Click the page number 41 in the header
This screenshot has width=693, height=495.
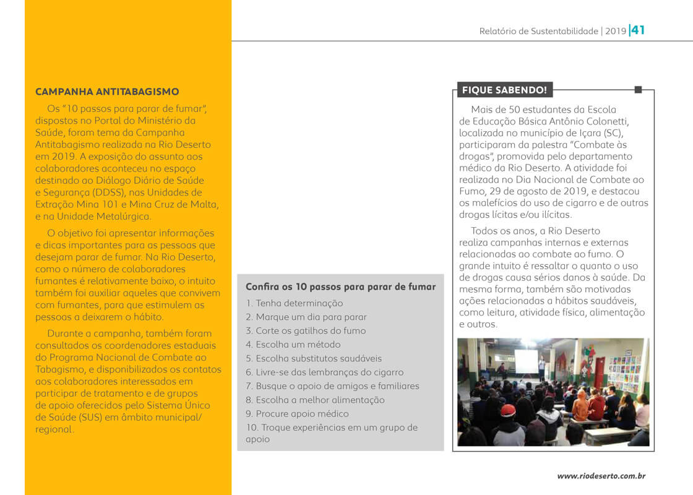pos(638,30)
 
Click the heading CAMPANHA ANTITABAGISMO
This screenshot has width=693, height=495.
pos(107,92)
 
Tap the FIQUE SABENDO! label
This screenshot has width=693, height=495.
pos(504,90)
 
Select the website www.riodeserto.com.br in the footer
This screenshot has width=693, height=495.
pos(601,476)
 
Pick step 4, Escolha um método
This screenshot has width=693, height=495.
pos(293,345)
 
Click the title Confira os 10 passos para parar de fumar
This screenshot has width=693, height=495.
pos(340,286)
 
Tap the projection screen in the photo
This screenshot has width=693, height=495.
pos(526,361)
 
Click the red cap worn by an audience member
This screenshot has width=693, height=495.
pos(508,410)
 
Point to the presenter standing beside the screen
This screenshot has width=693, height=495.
pos(541,368)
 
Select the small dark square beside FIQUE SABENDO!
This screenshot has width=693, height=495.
pos(638,90)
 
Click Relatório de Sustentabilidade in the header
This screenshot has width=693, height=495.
pos(538,31)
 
